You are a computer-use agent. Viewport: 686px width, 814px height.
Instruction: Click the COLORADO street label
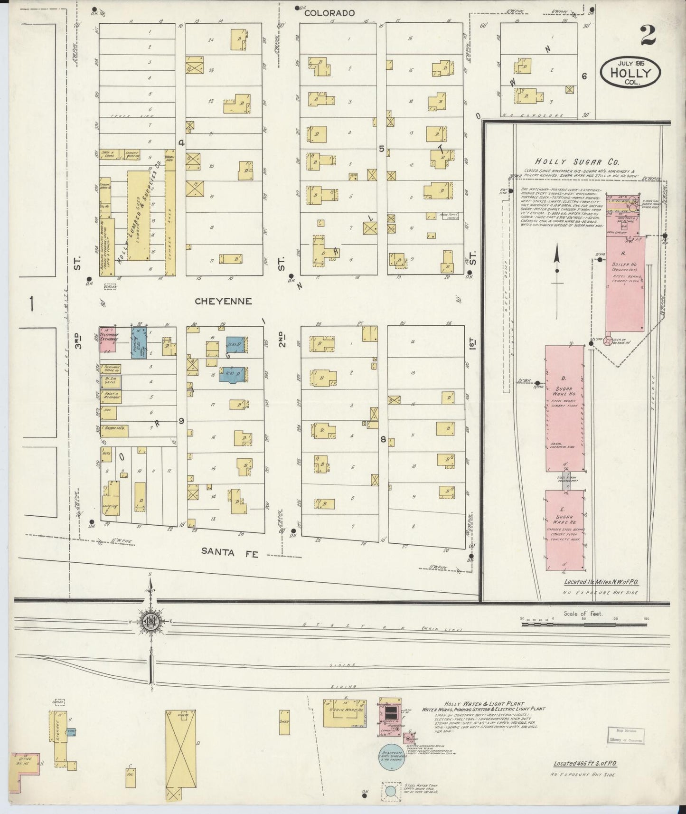click(x=329, y=13)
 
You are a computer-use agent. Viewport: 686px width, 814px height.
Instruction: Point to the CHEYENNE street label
click(x=223, y=301)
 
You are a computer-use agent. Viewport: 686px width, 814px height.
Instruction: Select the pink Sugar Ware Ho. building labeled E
click(x=564, y=530)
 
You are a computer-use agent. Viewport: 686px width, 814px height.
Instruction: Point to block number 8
click(x=383, y=439)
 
